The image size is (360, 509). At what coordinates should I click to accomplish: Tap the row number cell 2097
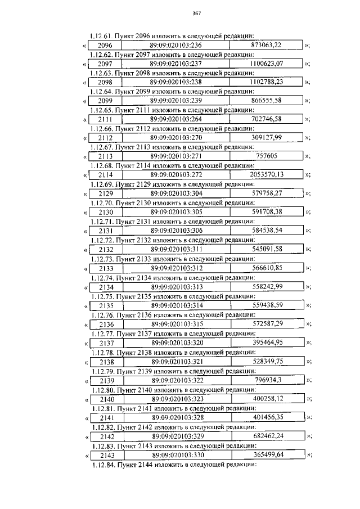click(105, 64)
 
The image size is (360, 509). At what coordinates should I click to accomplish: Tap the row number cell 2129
click(105, 193)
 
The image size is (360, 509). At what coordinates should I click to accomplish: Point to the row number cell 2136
click(105, 325)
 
